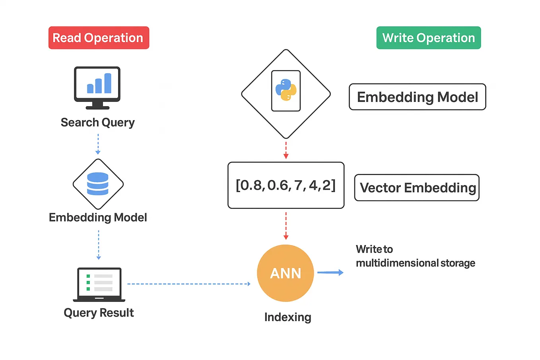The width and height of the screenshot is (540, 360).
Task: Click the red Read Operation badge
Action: coord(99,38)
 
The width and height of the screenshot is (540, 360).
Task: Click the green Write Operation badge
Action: coord(428,38)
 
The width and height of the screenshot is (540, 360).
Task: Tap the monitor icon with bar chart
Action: coord(97,87)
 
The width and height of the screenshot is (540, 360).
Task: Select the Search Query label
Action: coord(97,123)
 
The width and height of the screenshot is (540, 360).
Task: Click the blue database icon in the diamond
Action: coord(98,184)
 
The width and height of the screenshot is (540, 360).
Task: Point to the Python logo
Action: coord(286,90)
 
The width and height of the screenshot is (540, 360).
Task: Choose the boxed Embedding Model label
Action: coord(417,97)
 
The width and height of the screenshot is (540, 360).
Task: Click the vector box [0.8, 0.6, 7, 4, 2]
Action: coord(286,185)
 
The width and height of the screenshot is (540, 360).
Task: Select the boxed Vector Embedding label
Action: coord(417,188)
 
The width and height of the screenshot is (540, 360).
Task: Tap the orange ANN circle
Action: coord(286,273)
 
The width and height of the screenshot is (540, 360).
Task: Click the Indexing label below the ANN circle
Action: coord(287,317)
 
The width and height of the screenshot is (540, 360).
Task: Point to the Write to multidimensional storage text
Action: coord(415,256)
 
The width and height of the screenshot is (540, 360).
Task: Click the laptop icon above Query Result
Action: coord(99,284)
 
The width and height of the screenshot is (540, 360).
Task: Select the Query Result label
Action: coord(99,313)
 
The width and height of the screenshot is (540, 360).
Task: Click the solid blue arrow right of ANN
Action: coord(330,272)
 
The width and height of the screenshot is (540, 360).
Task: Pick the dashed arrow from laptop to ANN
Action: coord(188,284)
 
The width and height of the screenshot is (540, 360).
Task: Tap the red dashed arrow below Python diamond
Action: coord(286,150)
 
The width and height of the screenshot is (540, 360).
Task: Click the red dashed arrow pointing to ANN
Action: coord(286,226)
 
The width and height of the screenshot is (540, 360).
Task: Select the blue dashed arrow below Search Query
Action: coord(98,144)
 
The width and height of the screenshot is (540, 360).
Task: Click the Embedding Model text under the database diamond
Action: coord(98,218)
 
